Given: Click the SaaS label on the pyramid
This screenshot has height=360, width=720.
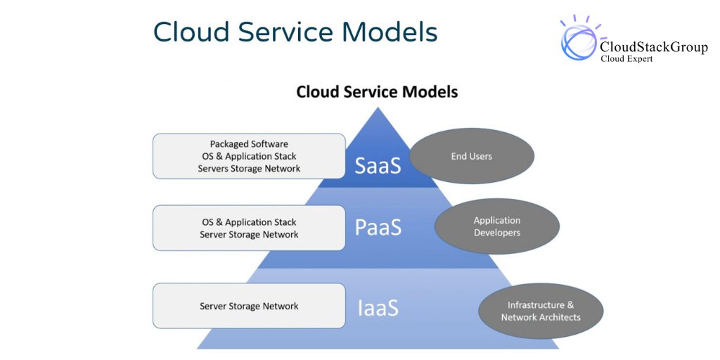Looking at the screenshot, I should click(378, 166).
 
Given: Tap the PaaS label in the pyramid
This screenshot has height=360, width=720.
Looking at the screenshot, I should click(378, 228).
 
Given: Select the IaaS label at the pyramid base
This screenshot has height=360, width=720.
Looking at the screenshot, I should click(378, 307).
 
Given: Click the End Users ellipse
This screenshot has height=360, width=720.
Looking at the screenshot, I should click(472, 156).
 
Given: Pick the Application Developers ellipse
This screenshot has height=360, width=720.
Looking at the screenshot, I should click(497, 226).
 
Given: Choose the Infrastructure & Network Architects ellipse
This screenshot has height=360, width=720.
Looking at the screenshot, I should click(541, 311).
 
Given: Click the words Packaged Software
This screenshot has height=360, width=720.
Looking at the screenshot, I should click(249, 144).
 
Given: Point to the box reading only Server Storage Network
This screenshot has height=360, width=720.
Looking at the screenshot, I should click(249, 306).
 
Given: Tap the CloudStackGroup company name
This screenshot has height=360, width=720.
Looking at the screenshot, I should click(653, 47).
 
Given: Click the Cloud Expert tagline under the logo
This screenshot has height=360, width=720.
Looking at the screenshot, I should click(626, 60).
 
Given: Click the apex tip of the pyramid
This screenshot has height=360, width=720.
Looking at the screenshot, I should click(378, 109).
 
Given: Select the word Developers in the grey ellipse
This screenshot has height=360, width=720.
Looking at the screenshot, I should click(497, 233).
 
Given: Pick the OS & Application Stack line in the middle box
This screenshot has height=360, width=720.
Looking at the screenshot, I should click(249, 222).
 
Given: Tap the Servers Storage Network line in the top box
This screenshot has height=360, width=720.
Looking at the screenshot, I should click(249, 169).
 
